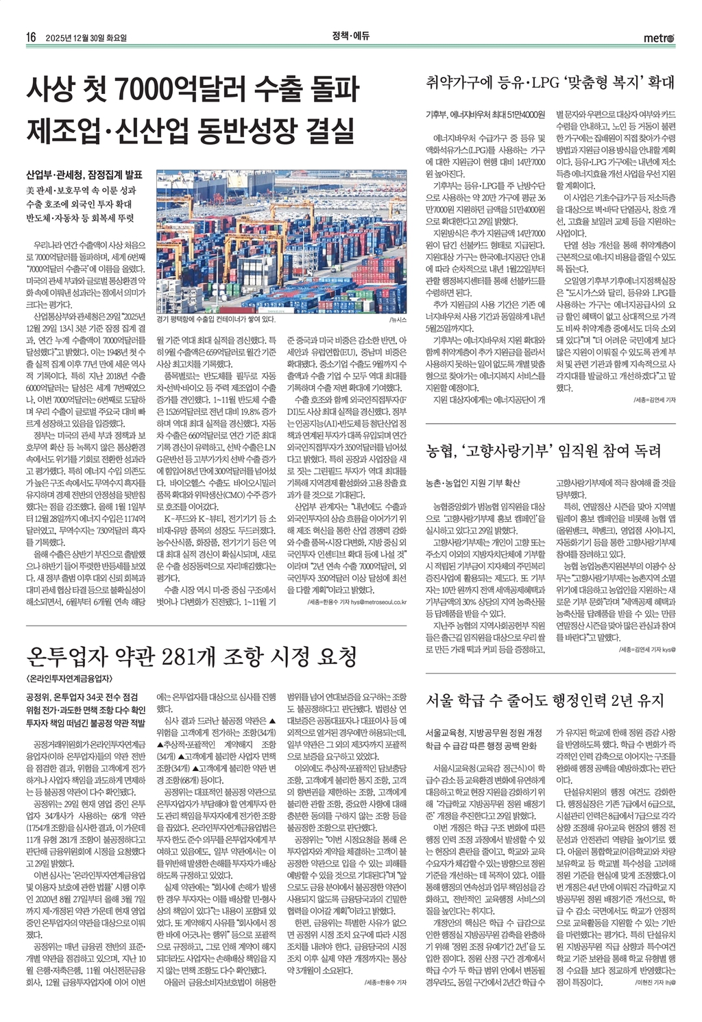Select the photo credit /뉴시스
pyautogui.click(x=398, y=320)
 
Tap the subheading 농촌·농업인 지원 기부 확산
pyautogui.click(x=473, y=484)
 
